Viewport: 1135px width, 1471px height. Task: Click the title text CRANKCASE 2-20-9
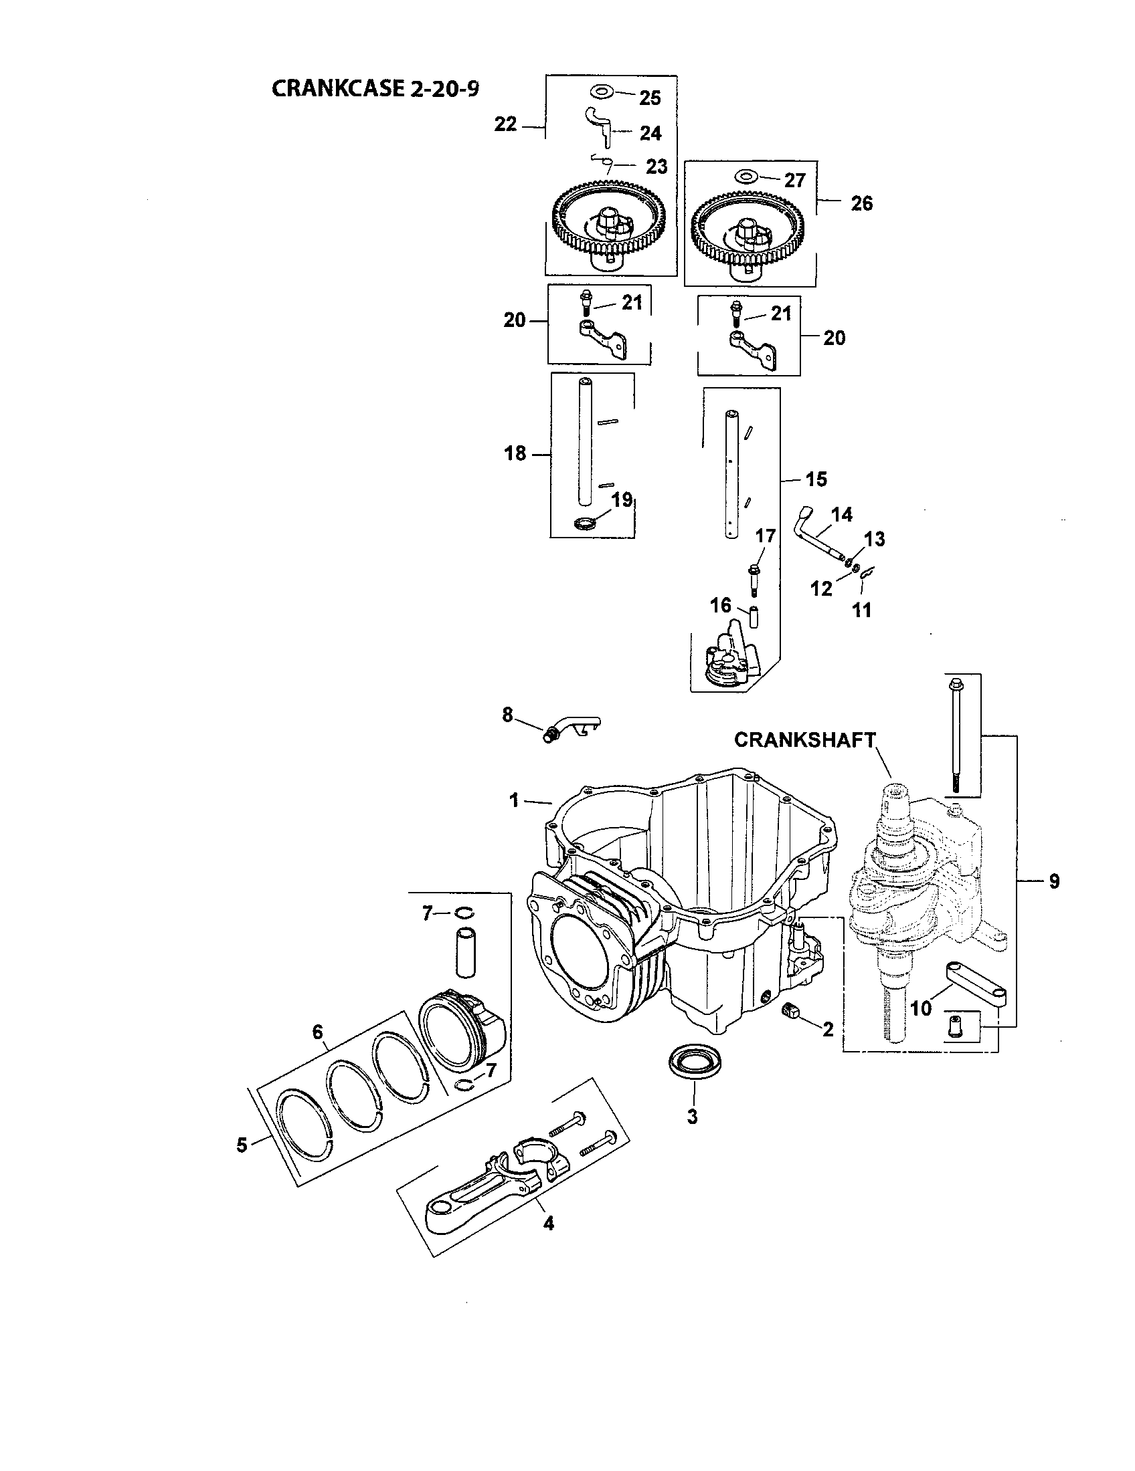coord(375,89)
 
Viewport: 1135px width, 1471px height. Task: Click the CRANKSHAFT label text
coord(805,740)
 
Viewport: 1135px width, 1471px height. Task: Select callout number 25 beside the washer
coord(650,98)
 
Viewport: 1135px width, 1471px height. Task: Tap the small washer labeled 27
coord(745,177)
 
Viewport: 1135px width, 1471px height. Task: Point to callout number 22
coord(505,124)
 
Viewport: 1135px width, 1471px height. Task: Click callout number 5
coord(243,1144)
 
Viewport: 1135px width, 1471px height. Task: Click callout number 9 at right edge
coord(1054,881)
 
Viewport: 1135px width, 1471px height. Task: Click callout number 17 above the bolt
coord(766,536)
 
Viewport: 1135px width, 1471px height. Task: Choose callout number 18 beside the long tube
coord(515,454)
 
